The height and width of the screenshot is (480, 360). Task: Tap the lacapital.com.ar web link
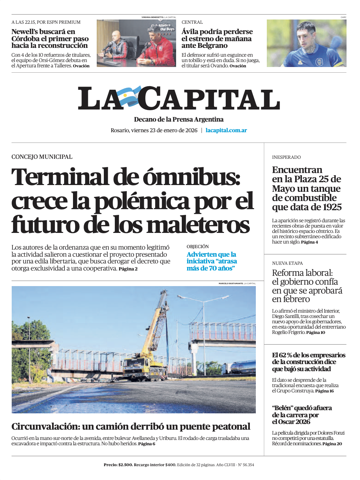(226, 130)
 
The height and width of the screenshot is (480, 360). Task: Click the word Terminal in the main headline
(60, 177)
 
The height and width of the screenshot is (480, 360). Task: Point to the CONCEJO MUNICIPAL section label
(42, 157)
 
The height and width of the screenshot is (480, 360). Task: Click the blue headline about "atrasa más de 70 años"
(212, 261)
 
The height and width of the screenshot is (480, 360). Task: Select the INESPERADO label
(286, 157)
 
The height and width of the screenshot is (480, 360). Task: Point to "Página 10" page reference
(315, 333)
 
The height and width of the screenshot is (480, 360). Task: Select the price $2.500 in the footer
(125, 465)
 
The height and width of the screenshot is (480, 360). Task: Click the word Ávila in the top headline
(191, 32)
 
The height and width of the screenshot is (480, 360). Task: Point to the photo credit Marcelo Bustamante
(231, 284)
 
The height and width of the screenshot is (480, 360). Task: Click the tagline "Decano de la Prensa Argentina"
(179, 119)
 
